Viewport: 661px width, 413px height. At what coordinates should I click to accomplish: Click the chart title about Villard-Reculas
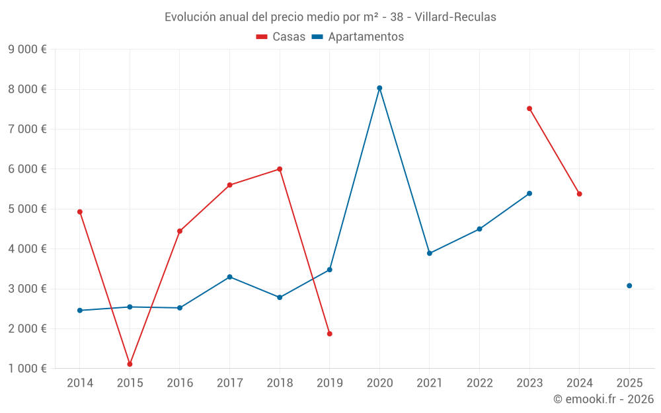330,17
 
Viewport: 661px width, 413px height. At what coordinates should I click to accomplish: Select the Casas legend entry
281,37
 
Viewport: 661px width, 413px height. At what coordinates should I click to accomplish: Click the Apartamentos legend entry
358,37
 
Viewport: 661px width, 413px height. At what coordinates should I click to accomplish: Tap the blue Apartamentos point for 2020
379,88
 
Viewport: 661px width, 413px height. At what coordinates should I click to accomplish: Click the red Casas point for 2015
130,364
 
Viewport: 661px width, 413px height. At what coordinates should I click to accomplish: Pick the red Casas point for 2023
529,108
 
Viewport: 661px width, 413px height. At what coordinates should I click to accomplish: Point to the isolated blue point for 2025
629,285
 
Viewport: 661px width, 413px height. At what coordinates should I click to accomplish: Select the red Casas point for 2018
280,169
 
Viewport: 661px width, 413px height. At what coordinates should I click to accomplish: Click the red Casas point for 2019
329,334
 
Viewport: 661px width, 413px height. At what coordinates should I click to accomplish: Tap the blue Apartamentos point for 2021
430,253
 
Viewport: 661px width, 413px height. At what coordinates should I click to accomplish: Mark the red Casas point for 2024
579,194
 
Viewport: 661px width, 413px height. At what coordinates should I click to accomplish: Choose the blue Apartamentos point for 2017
229,277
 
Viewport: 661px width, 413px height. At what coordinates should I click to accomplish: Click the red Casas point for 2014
80,212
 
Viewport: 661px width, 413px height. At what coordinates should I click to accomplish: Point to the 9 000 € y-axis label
27,50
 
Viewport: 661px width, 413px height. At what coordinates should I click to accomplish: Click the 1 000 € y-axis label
27,369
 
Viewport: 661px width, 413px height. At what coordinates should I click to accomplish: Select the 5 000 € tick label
27,209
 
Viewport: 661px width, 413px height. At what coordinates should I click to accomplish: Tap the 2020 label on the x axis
379,383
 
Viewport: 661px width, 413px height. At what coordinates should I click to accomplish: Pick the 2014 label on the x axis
80,383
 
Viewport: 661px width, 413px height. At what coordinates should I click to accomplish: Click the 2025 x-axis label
629,383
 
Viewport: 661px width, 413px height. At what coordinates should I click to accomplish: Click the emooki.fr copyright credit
603,399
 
